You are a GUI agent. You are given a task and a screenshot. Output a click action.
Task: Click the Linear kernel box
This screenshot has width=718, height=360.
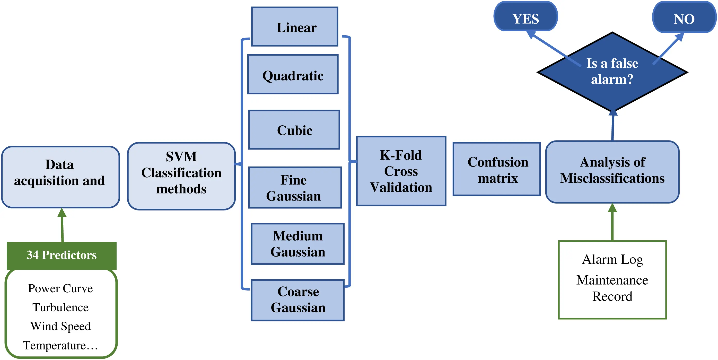click(295, 27)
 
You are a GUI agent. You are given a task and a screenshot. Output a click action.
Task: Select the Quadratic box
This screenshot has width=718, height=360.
click(293, 74)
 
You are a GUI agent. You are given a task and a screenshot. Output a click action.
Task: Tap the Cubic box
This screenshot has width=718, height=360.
click(294, 130)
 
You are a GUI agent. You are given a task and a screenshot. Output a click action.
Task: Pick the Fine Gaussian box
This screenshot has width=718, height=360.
click(295, 188)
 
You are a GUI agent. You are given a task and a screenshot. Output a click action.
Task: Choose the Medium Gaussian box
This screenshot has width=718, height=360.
click(297, 244)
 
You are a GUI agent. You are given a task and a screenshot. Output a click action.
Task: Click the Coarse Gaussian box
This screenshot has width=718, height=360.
click(297, 300)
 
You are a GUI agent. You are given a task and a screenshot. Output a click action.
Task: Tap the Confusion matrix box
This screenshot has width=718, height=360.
click(496, 169)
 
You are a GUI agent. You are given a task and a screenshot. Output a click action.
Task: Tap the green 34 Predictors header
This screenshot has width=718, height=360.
click(62, 255)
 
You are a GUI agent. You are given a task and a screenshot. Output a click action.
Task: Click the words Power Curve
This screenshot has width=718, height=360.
click(60, 288)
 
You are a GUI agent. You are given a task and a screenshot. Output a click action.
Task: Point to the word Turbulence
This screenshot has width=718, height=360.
click(60, 307)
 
